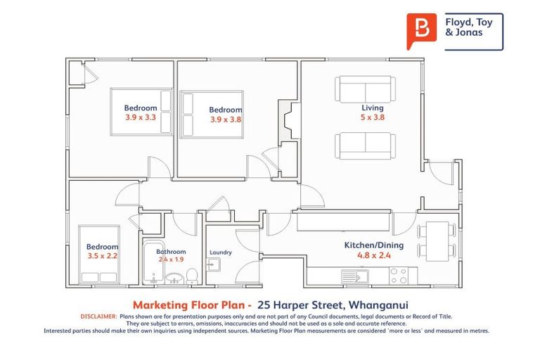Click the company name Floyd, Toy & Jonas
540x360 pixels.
[x=470, y=27]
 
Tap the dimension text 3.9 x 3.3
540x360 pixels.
[x=140, y=117]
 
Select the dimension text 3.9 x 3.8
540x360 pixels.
[x=226, y=120]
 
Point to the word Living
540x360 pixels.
[x=372, y=108]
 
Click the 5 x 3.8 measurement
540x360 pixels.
[x=372, y=117]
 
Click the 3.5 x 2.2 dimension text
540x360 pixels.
[x=102, y=256]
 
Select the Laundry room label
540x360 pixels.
[x=221, y=252]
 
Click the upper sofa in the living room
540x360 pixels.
[x=366, y=89]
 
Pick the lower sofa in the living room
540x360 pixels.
[x=366, y=145]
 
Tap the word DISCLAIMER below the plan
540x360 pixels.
[x=98, y=317]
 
